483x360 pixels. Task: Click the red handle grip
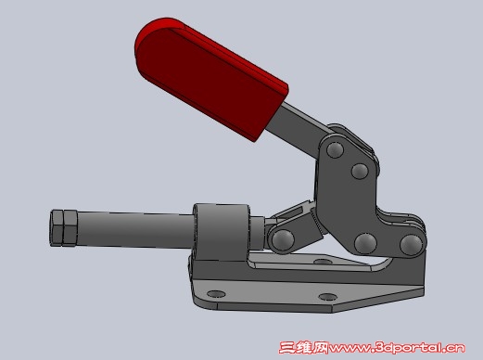click(x=210, y=77)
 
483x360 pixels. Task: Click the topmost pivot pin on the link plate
click(x=336, y=149)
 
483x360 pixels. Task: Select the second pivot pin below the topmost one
click(x=360, y=171)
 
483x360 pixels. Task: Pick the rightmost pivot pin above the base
click(x=411, y=244)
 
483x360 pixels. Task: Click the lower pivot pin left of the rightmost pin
click(x=365, y=243)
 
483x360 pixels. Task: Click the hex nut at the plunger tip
click(x=63, y=228)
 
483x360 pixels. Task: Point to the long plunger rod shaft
click(x=136, y=230)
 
